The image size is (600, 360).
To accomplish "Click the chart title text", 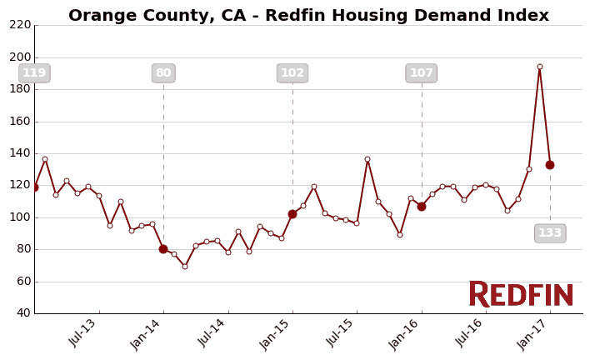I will (x=308, y=16).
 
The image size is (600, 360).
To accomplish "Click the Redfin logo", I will (x=521, y=295).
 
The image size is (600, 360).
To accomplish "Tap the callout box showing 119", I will (x=34, y=73).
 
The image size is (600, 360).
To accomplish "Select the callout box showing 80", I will (x=163, y=73).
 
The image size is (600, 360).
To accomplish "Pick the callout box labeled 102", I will (x=292, y=73).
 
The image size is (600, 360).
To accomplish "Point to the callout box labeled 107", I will (x=421, y=73).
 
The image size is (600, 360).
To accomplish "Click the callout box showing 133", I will (x=550, y=233).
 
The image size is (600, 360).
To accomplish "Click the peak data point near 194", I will (x=539, y=67).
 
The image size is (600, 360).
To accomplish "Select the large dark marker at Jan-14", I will (x=163, y=249).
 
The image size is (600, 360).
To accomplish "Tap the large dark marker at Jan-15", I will (x=292, y=214).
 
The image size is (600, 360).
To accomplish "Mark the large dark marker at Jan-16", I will (x=422, y=206).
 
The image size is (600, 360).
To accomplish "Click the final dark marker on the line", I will (x=550, y=165).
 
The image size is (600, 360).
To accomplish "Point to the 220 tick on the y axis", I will (x=20, y=25).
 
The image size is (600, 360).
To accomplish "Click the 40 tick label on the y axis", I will (x=22, y=313).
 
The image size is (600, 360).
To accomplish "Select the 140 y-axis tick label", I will (x=20, y=153).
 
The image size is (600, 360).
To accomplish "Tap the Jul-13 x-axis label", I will (x=84, y=333).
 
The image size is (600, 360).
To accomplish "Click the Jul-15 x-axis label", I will (x=342, y=333).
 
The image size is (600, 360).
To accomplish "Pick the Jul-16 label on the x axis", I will (x=471, y=333).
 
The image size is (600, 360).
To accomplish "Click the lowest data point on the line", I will (x=185, y=266).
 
